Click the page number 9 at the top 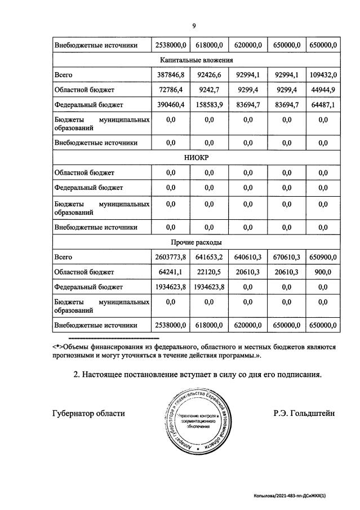[x=194, y=26]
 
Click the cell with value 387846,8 [x=170, y=74]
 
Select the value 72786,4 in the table [x=170, y=90]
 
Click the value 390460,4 [x=170, y=105]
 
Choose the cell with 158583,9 [x=208, y=105]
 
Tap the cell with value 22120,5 [x=208, y=272]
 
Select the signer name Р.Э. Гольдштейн [x=304, y=413]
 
